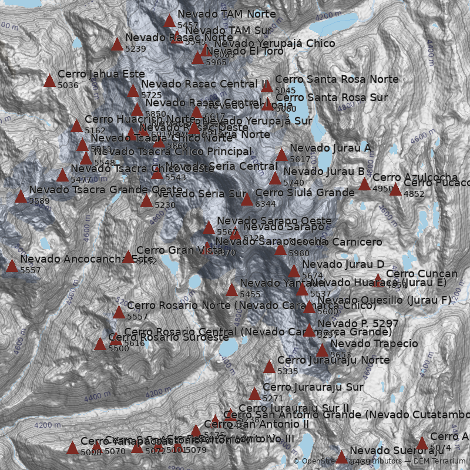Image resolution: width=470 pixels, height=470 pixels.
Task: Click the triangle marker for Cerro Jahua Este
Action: [x=50, y=80]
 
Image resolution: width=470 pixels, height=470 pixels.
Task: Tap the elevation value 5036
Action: [x=68, y=86]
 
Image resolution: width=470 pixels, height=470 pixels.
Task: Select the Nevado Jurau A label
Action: [x=330, y=148]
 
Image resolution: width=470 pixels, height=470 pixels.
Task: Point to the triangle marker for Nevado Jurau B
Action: [x=275, y=178]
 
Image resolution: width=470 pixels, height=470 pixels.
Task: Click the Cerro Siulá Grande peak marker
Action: [x=247, y=199]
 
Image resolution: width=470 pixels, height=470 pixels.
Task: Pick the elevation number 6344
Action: [x=265, y=204]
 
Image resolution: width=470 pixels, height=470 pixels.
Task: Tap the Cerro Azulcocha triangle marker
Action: [x=364, y=184]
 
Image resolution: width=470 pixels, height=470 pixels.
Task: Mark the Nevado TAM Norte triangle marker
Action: [x=169, y=21]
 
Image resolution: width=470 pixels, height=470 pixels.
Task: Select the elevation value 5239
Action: [x=136, y=49]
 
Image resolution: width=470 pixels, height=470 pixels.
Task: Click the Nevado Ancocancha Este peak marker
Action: [x=12, y=266]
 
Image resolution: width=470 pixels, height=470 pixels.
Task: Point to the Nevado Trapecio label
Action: [x=374, y=344]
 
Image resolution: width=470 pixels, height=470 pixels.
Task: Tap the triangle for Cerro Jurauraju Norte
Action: [x=269, y=367]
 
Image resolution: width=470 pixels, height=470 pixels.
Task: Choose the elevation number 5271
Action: [x=273, y=398]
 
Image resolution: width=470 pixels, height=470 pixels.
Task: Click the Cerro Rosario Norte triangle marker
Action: [x=119, y=312]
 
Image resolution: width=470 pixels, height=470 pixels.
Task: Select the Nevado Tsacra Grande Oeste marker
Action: [x=21, y=196]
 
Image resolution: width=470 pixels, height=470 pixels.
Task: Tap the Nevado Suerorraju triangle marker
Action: [x=341, y=457]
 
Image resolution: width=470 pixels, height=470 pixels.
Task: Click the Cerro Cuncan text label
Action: [x=421, y=274]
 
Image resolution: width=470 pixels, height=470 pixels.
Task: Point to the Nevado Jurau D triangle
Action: [x=294, y=271]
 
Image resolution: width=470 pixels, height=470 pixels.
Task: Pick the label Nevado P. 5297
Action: [x=358, y=324]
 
